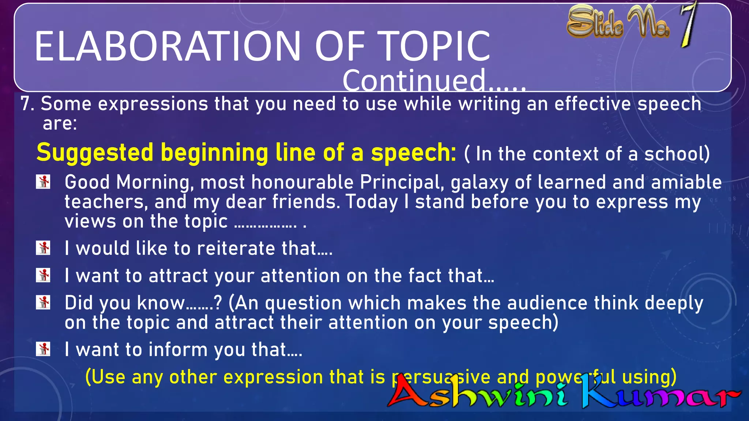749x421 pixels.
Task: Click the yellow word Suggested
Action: click(x=95, y=153)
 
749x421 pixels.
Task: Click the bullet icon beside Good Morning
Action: click(x=43, y=182)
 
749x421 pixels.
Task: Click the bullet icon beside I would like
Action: click(x=43, y=248)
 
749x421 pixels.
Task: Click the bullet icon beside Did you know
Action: click(x=43, y=302)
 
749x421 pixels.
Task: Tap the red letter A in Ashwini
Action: click(x=406, y=393)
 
